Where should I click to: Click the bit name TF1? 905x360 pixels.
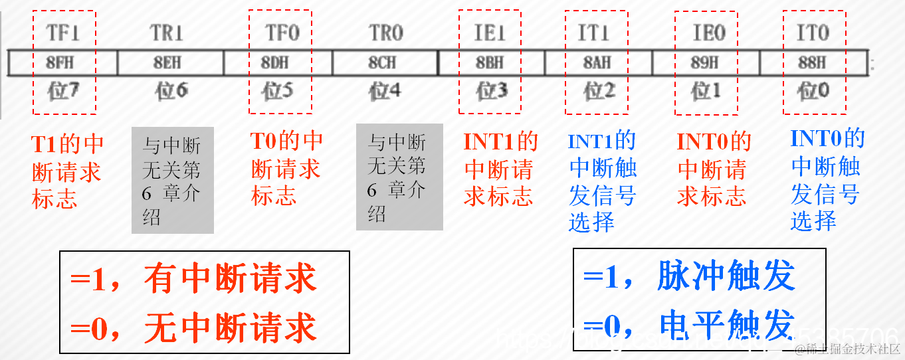[x=63, y=32]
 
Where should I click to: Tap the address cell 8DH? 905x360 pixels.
[x=278, y=62]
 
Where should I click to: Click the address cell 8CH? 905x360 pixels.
[x=382, y=62]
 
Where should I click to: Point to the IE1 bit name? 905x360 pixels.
[x=490, y=32]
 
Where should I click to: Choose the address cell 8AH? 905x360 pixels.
[x=597, y=62]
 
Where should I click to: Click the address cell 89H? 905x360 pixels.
[x=705, y=62]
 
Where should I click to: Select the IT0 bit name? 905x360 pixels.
[x=813, y=32]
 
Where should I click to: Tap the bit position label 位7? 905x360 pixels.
[x=63, y=92]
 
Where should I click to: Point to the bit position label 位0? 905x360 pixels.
[x=813, y=90]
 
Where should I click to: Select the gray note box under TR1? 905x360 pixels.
[x=173, y=181]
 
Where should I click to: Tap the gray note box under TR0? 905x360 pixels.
[x=399, y=177]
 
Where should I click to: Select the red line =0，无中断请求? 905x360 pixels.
[x=193, y=328]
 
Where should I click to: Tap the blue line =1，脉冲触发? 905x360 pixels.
[x=689, y=276]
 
